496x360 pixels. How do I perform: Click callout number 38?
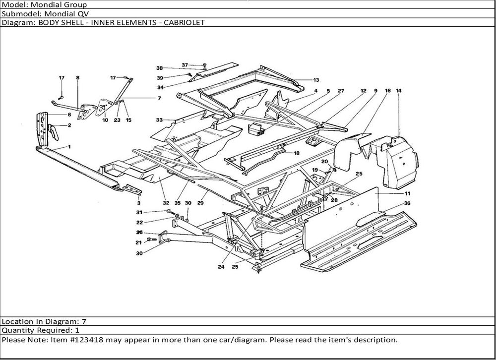[160, 68]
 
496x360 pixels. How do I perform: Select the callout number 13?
[316, 80]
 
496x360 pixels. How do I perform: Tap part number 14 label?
[399, 90]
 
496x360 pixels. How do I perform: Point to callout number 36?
[407, 203]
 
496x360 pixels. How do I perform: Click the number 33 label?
[159, 120]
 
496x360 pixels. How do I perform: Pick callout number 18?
[297, 153]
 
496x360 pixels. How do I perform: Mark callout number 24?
[221, 267]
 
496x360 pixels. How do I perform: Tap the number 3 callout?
[139, 203]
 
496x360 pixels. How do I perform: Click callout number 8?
[78, 78]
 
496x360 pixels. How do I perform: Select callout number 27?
[341, 91]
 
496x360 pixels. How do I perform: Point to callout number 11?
[407, 193]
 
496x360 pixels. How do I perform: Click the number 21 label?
[139, 242]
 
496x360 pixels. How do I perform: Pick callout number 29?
[201, 203]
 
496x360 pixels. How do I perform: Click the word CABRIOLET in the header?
[183, 23]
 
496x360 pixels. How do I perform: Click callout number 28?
[334, 200]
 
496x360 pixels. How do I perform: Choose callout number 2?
[69, 125]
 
